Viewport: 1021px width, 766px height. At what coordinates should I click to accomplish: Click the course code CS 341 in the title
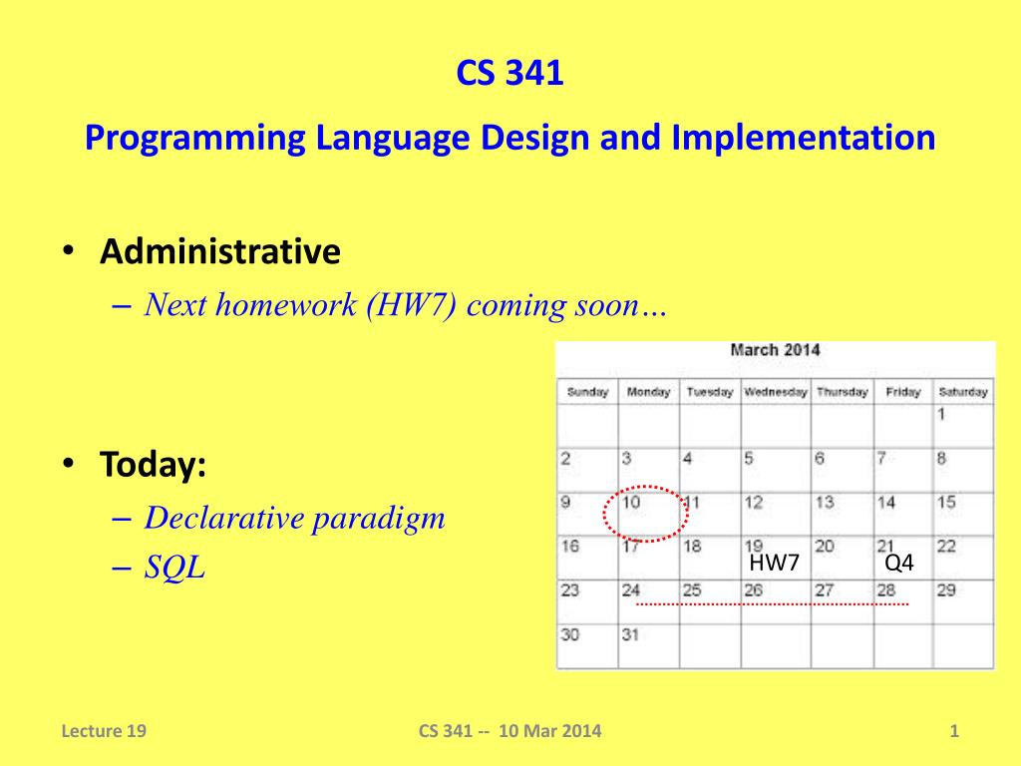[x=510, y=72]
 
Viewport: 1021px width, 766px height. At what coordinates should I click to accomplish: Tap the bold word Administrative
[x=220, y=251]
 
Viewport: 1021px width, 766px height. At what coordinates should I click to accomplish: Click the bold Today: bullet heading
[x=153, y=465]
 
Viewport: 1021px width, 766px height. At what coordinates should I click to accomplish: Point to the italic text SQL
[x=174, y=567]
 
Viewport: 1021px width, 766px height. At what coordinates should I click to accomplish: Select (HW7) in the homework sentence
[x=412, y=305]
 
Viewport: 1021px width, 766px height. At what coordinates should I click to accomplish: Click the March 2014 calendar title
[x=775, y=350]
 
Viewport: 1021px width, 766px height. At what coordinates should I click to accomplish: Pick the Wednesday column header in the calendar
[x=775, y=392]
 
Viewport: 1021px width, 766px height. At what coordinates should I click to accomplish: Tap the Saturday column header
[x=963, y=392]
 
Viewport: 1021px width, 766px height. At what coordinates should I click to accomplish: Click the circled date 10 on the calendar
[x=631, y=503]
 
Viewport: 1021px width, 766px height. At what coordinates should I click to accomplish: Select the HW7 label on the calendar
[x=774, y=563]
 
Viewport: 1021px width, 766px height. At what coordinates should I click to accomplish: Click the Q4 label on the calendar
[x=899, y=563]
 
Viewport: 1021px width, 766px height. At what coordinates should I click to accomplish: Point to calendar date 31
[x=630, y=634]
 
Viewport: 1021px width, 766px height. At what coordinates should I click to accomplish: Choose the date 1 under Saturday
[x=941, y=414]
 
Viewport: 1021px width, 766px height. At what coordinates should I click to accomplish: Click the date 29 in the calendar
[x=946, y=590]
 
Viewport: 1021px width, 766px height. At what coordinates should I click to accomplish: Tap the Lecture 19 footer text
[x=104, y=731]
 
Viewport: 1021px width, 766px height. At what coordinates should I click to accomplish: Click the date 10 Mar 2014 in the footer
[x=550, y=731]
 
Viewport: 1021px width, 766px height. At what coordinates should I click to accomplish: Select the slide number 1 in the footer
[x=954, y=731]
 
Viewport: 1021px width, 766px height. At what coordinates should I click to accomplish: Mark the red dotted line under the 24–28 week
[x=773, y=604]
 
